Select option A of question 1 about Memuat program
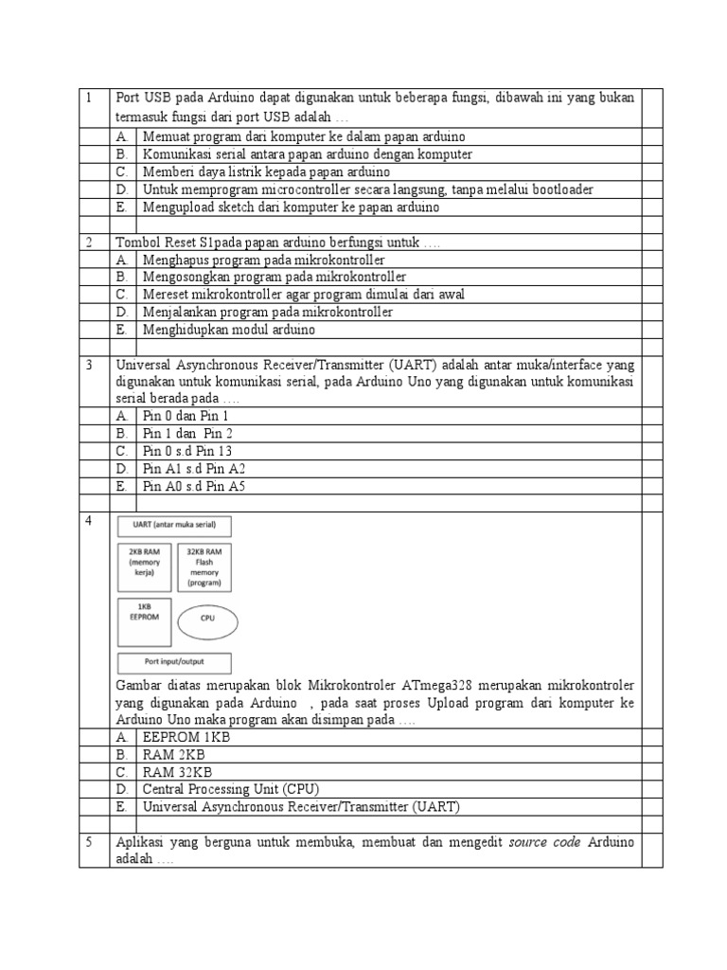[303, 136]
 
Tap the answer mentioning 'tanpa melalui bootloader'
[367, 189]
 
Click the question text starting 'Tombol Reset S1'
[277, 242]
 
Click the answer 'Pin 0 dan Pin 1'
[186, 416]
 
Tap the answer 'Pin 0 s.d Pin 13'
[187, 451]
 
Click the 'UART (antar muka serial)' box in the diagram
[174, 527]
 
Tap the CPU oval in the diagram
[208, 621]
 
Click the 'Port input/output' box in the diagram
[174, 662]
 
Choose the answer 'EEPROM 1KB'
[186, 737]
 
